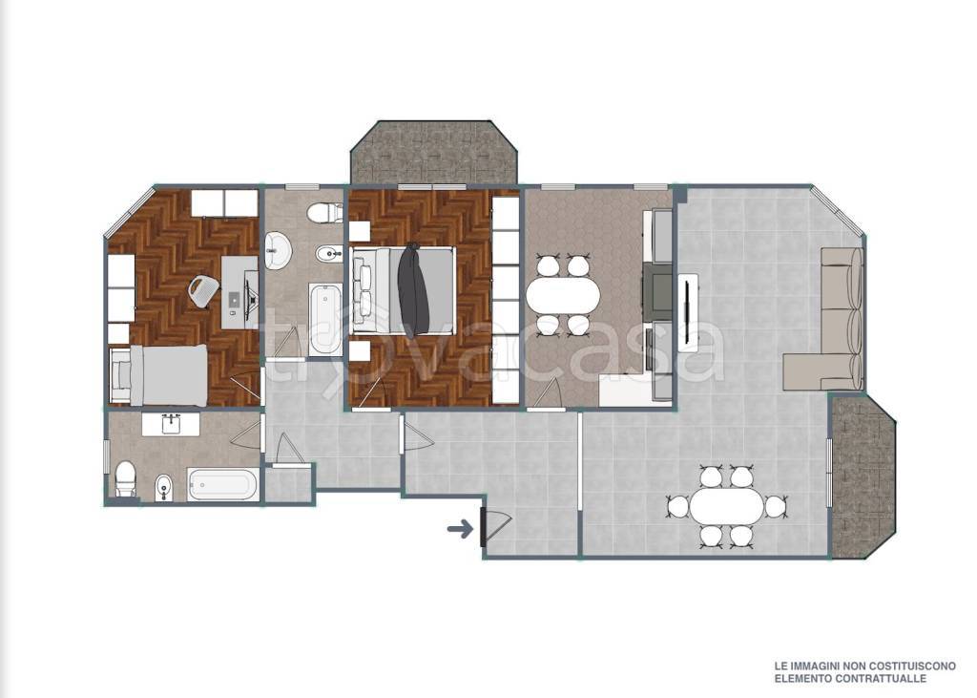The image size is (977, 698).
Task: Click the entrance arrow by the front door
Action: [460, 530]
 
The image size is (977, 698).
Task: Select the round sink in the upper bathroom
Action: [278, 251]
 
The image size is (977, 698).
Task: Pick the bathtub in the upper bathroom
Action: [325, 320]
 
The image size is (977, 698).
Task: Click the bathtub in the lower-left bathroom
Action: [223, 485]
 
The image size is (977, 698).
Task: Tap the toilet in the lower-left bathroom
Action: [126, 479]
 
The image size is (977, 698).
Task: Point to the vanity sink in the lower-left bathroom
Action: [171, 424]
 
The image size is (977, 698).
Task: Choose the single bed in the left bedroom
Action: [158, 375]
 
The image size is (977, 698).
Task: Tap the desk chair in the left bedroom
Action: [203, 291]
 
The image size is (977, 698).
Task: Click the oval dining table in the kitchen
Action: [563, 294]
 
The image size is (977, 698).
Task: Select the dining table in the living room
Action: [726, 506]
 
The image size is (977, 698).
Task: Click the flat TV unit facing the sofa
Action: [688, 313]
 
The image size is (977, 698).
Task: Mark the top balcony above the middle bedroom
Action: [434, 154]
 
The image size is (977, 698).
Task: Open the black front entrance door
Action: [483, 528]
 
